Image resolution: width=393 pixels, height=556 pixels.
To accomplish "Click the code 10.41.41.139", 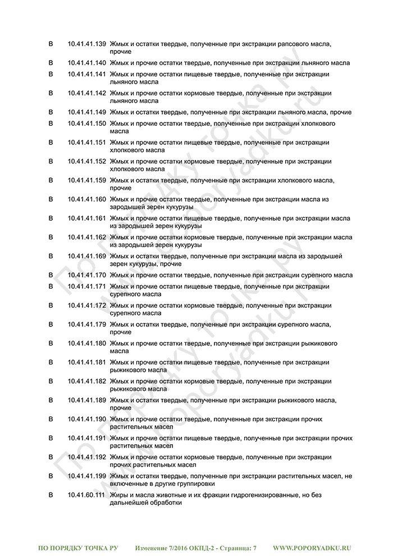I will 86,44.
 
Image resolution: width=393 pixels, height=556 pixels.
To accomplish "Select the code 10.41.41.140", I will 86,63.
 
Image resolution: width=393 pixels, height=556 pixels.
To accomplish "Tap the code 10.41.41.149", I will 86,112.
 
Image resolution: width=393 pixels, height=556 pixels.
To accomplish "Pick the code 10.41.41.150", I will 86,123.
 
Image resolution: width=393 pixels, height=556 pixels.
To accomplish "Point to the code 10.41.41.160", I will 86,199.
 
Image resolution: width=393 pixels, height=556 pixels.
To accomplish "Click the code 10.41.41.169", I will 86,256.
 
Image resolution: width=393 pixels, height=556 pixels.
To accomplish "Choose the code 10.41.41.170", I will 86,275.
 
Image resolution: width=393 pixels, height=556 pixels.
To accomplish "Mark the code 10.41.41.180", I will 86,343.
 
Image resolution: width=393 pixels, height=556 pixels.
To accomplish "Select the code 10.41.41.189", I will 86,400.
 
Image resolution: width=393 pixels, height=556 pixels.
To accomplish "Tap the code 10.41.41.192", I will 86,457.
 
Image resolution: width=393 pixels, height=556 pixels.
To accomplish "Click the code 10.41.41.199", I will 86,476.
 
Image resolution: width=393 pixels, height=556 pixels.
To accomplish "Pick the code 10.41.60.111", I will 86,495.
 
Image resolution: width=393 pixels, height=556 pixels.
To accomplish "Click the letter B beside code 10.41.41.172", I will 51,306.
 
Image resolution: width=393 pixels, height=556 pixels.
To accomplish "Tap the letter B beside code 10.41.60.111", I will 51,495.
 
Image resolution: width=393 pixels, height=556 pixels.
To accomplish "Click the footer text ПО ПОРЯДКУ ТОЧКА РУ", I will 78,548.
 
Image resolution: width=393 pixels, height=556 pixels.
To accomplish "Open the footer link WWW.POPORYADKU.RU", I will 312,548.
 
